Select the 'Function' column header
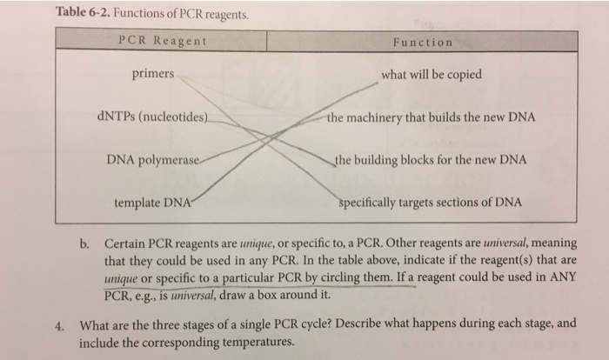422,42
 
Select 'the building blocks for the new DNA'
431,160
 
